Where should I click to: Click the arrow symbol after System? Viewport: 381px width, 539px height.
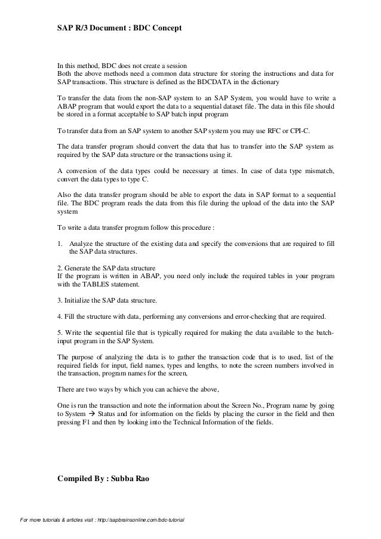87,413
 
